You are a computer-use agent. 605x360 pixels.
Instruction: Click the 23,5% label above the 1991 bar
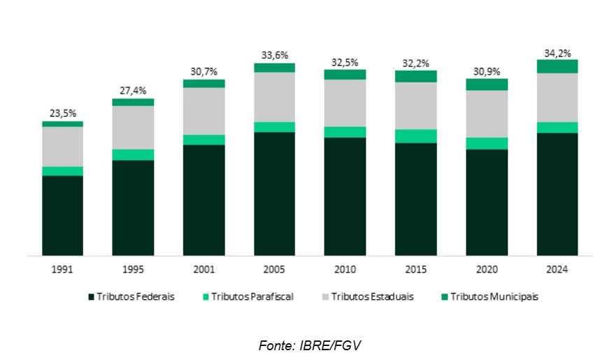click(62, 113)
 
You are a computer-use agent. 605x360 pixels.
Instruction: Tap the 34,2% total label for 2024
click(557, 52)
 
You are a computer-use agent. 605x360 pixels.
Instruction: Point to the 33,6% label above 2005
click(274, 55)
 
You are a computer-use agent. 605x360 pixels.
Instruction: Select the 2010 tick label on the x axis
click(345, 269)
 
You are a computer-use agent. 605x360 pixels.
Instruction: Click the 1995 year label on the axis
click(133, 269)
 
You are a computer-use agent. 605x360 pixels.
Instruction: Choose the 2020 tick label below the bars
click(486, 269)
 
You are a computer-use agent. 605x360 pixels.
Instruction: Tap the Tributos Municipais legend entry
click(490, 296)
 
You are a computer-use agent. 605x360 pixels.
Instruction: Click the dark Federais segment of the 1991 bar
click(62, 215)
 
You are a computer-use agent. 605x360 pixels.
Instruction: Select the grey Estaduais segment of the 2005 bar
click(274, 97)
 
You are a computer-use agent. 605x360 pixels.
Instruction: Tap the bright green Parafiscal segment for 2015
click(415, 136)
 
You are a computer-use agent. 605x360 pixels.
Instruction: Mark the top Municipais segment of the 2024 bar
click(557, 66)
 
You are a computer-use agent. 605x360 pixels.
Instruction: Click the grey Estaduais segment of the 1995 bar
click(133, 127)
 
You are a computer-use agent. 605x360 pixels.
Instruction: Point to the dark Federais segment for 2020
click(486, 202)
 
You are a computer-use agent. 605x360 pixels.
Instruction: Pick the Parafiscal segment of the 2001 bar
click(204, 140)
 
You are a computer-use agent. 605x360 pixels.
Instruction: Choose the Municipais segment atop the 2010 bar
click(345, 74)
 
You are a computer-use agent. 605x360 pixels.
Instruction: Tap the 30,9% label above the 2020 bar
click(486, 71)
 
